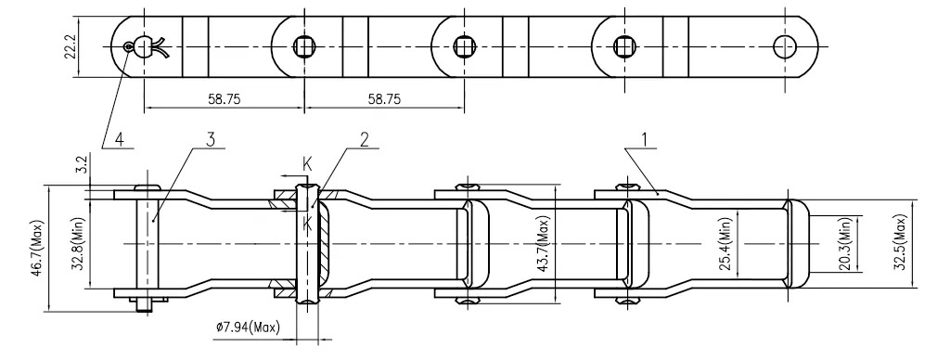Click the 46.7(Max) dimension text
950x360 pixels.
pyautogui.click(x=36, y=248)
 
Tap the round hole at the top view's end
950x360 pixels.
pyautogui.click(x=787, y=44)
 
